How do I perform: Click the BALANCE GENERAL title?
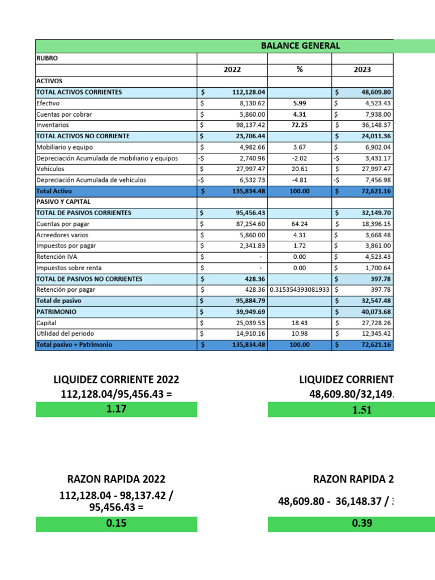[301, 46]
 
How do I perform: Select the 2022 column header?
[232, 70]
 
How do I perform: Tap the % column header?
[300, 70]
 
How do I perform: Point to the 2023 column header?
[362, 70]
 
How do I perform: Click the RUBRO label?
[47, 58]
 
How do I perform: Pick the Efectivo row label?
[48, 104]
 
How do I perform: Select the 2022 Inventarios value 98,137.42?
[249, 125]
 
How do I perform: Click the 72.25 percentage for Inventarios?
[300, 125]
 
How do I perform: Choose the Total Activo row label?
[54, 191]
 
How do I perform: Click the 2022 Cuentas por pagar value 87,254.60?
[249, 224]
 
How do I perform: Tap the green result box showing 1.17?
[116, 410]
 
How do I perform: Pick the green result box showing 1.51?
[351, 410]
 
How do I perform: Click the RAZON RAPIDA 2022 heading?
[116, 480]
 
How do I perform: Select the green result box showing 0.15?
[116, 524]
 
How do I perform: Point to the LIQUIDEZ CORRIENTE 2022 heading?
[116, 380]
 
